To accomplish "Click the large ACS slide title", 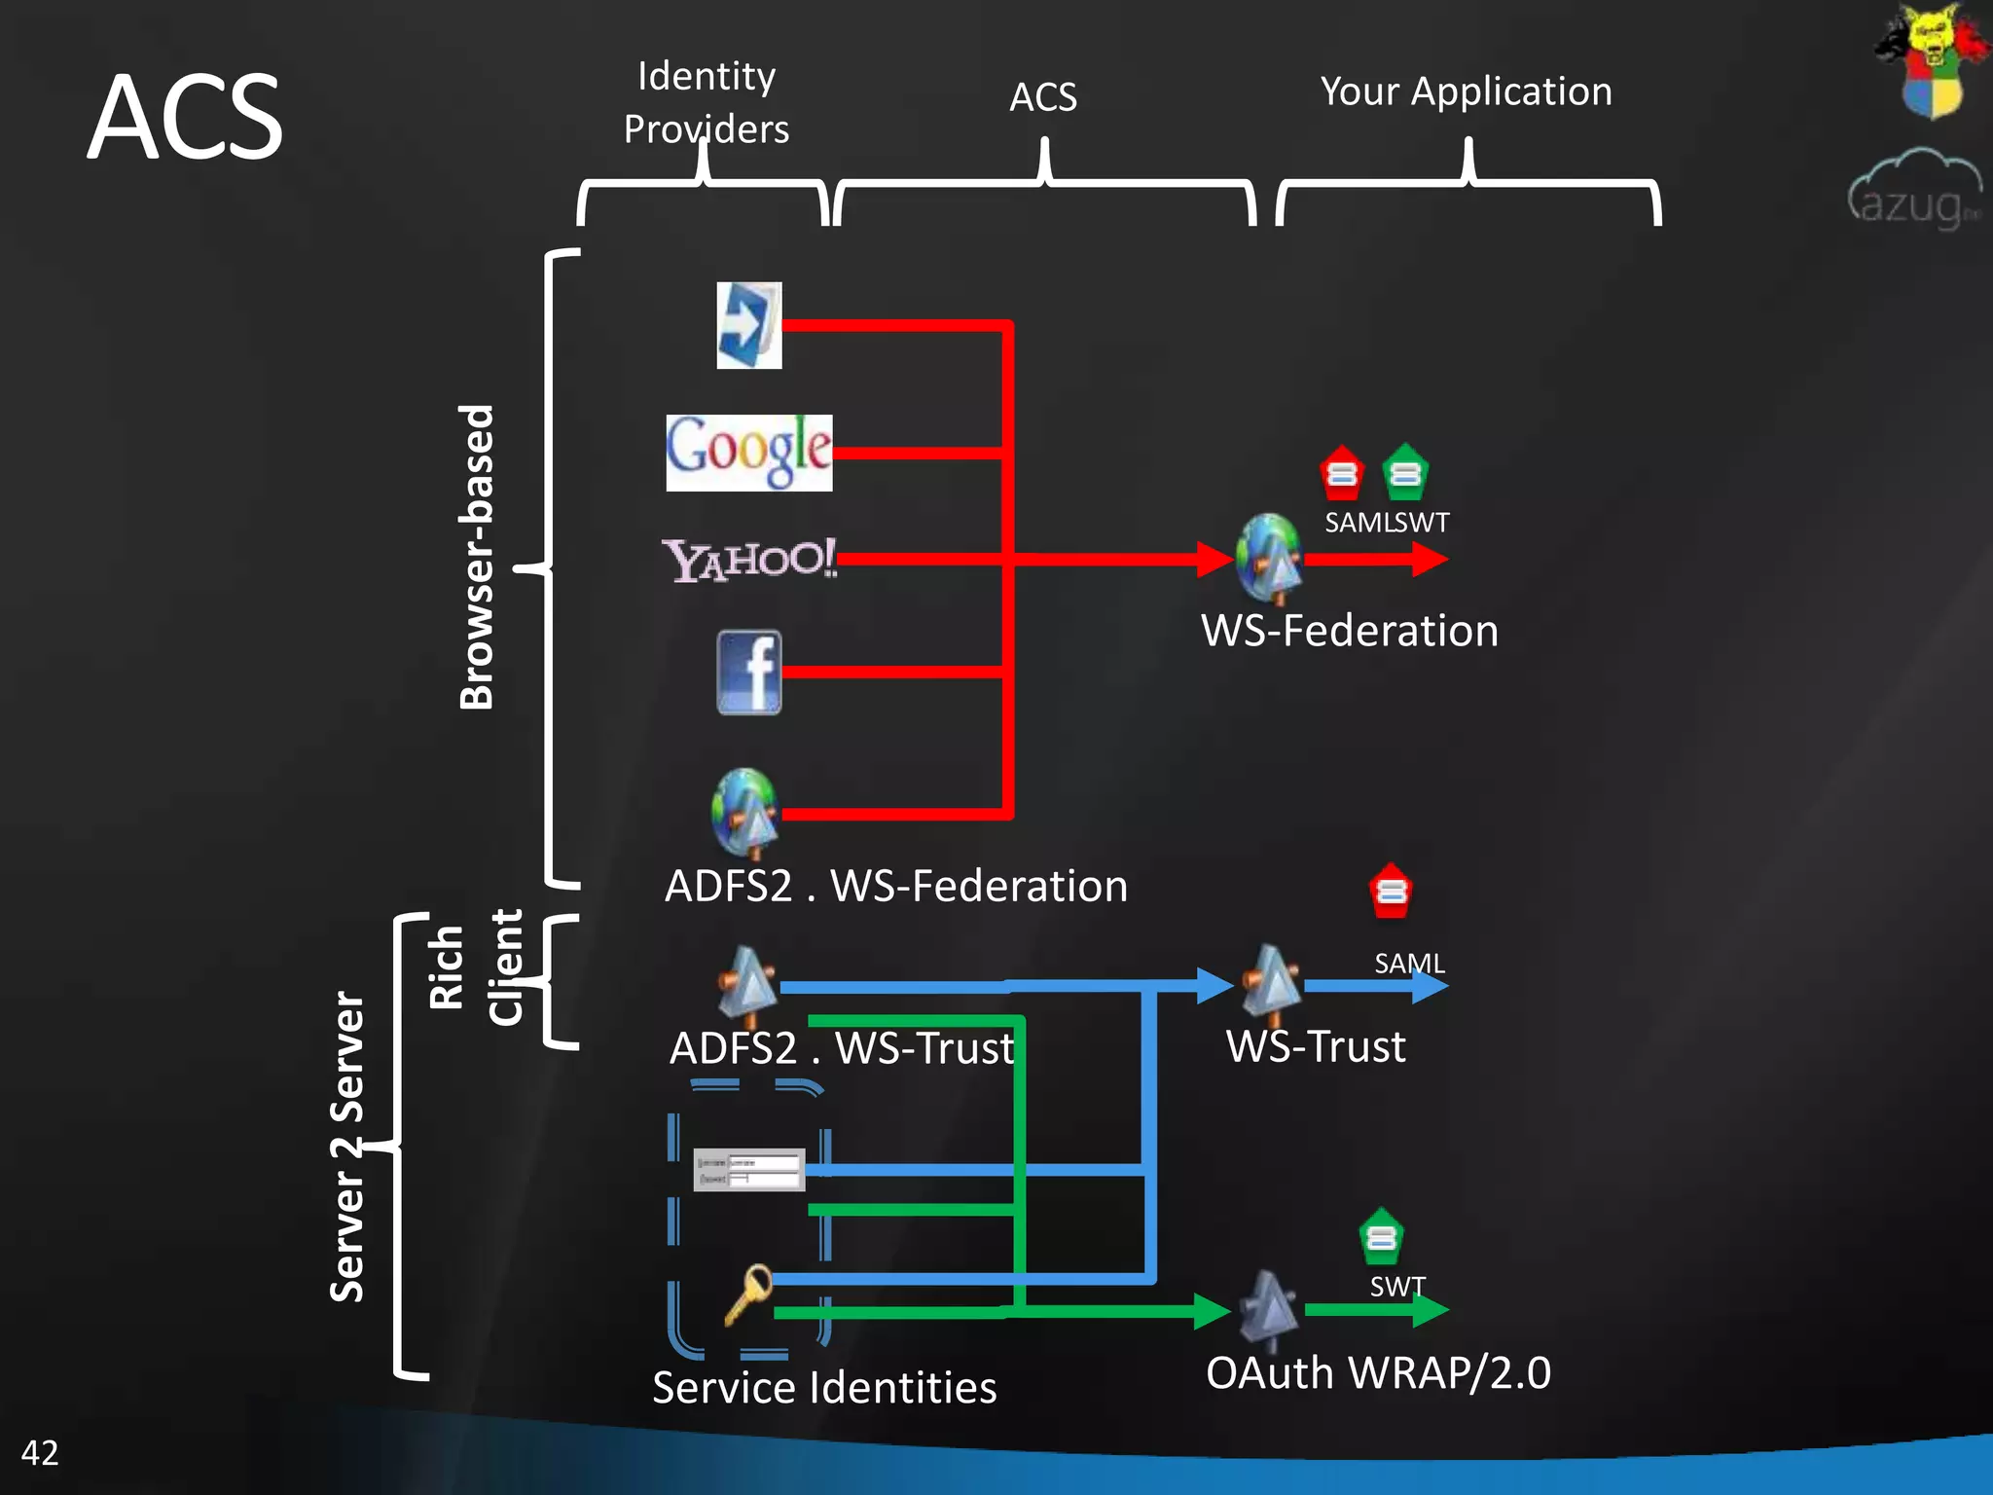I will pos(185,119).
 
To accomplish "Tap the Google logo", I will pos(748,453).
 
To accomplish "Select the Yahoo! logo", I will pos(748,560).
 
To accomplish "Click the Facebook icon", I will pos(748,672).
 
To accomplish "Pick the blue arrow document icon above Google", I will pos(748,325).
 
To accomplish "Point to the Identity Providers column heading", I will pos(707,102).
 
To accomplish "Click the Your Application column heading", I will pos(1466,91).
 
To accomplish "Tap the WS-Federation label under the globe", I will pos(1349,631).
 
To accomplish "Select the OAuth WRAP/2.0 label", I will pos(1378,1372).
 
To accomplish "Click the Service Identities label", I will pos(824,1387).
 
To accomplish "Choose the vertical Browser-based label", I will pos(477,557).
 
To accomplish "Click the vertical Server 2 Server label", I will pos(347,1147).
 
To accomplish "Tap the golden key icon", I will pos(748,1294).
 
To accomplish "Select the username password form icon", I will pos(748,1169).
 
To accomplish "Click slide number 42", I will pos(40,1452).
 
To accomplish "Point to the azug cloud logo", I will pos(1913,190).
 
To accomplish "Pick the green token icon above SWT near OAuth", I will pos(1381,1237).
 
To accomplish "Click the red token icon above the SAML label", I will pos(1391,891).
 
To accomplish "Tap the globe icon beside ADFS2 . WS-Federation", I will pos(744,813).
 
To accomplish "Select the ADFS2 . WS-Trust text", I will pos(842,1048).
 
